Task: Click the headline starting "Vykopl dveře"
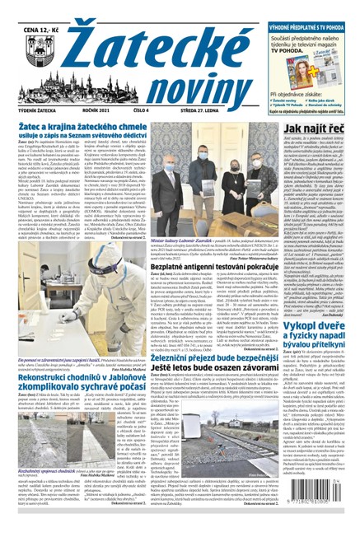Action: (x=314, y=344)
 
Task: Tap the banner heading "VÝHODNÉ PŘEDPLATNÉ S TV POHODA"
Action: (x=314, y=6)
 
